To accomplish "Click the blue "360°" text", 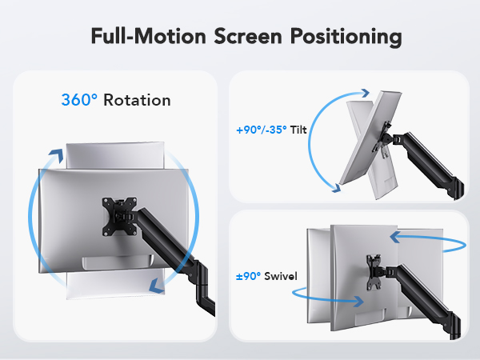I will (80, 100).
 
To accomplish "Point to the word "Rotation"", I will (137, 100).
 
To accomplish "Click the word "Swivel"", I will (280, 276).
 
